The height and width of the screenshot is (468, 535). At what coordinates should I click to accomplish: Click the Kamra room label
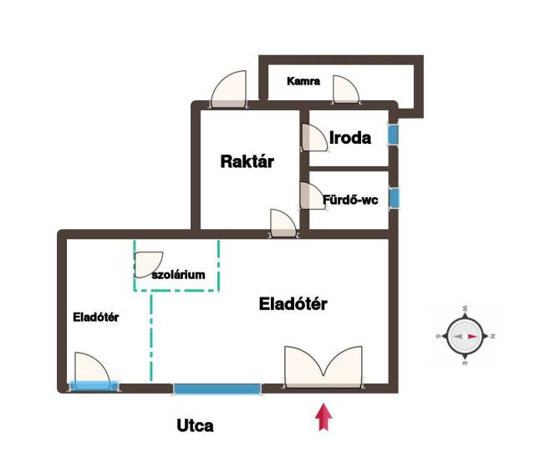[303, 82]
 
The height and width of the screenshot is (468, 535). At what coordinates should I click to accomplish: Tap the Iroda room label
[349, 138]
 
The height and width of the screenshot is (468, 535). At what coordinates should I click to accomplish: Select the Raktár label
[247, 161]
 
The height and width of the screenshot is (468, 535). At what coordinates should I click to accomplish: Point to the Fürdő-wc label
[351, 200]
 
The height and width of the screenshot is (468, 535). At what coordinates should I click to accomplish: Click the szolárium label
[178, 273]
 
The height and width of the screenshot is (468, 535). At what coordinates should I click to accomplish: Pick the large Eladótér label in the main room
[293, 304]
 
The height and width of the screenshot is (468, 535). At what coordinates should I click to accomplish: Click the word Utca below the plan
[195, 425]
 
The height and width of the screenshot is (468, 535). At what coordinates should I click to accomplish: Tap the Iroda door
[313, 136]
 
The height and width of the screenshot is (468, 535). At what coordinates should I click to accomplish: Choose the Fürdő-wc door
[311, 196]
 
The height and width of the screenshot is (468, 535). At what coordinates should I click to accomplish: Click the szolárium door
[150, 263]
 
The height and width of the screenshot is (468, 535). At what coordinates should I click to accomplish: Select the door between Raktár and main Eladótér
[283, 223]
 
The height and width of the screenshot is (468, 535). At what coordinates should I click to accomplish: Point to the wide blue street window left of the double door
[217, 389]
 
